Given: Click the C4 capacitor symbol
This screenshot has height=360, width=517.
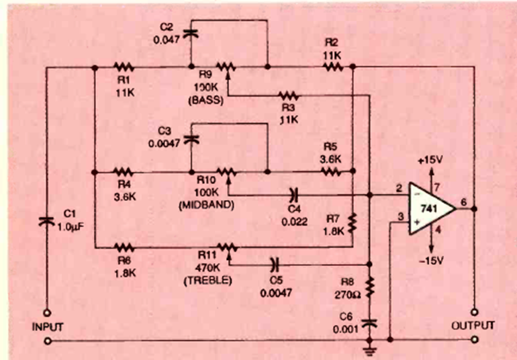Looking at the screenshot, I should pos(293,195).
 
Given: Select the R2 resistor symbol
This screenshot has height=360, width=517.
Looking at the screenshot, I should pos(331,67).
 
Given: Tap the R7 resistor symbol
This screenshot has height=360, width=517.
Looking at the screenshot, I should pos(352,223).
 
